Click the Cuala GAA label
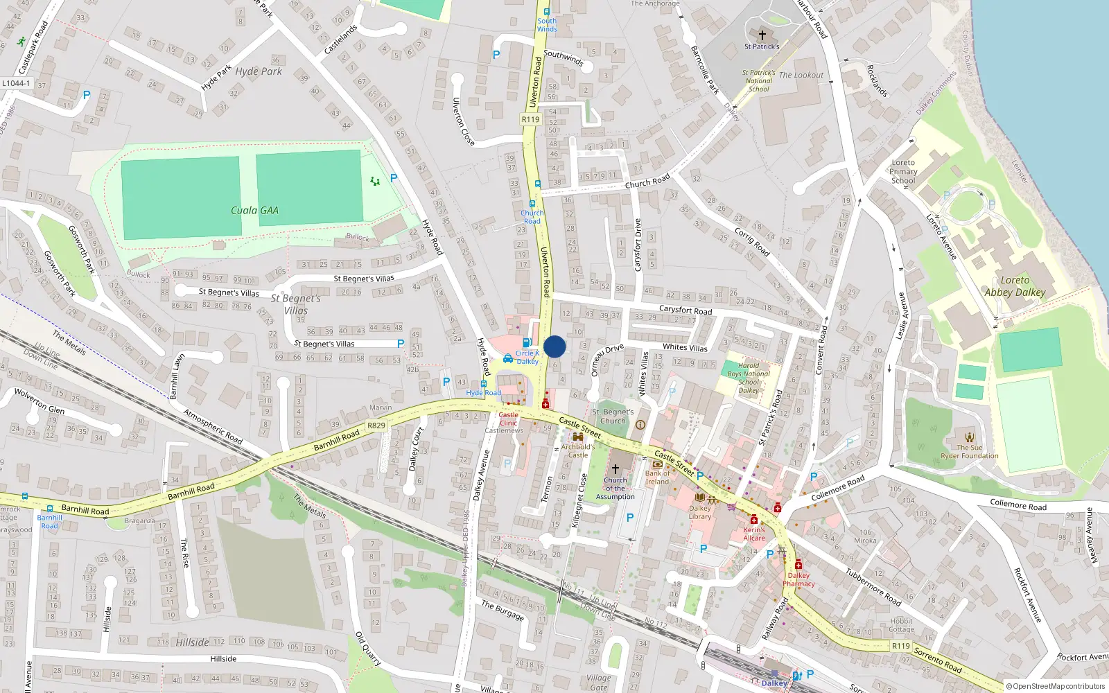click(254, 211)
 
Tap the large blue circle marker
click(554, 346)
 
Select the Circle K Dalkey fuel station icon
click(527, 342)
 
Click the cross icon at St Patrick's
click(762, 35)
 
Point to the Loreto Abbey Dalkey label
click(1015, 286)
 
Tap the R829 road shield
click(376, 426)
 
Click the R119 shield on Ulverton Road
click(530, 119)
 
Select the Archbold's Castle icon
click(578, 437)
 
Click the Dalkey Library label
click(700, 512)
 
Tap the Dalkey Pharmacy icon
click(798, 565)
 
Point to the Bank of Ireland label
click(657, 477)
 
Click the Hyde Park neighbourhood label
click(259, 71)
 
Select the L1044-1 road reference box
click(17, 83)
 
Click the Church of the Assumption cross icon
click(615, 469)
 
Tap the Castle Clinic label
click(508, 419)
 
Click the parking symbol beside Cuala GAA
click(394, 178)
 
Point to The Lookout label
click(801, 75)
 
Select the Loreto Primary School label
click(903, 172)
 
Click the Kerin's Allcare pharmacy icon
click(754, 520)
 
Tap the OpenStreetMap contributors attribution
click(1055, 686)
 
